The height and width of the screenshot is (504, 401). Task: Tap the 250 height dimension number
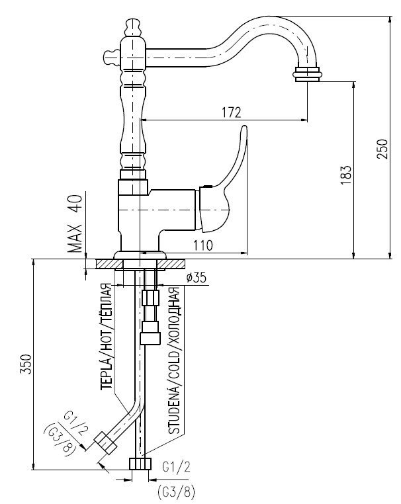[x=382, y=151]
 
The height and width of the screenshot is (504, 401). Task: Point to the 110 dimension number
[x=202, y=245]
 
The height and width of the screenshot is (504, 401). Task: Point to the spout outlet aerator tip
[x=308, y=72]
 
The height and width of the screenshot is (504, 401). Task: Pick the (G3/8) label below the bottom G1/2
[x=175, y=491]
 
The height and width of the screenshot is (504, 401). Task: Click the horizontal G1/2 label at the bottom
[x=175, y=465]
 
